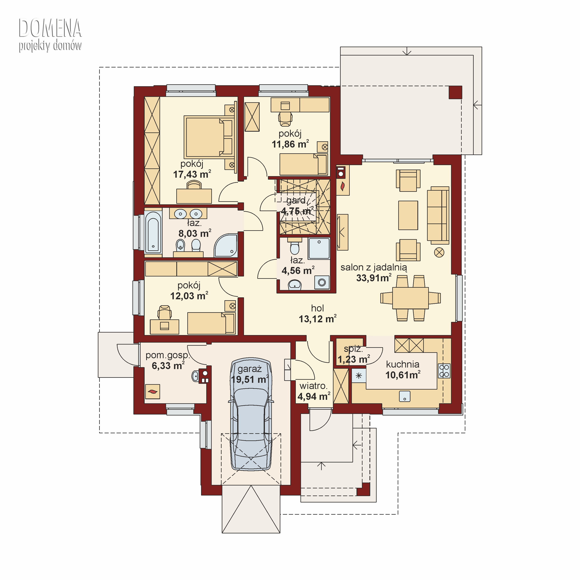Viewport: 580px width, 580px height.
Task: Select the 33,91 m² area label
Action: (x=374, y=278)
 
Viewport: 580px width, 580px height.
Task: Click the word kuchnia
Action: (x=403, y=364)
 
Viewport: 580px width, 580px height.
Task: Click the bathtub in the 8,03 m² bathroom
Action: (x=153, y=232)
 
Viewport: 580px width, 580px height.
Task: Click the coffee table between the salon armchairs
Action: (x=408, y=215)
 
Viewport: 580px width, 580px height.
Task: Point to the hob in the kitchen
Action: (x=444, y=370)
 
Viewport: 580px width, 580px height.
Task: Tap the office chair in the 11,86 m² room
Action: (x=285, y=118)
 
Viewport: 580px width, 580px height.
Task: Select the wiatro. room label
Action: (x=313, y=386)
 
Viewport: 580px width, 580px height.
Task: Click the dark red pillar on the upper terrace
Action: (x=455, y=92)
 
